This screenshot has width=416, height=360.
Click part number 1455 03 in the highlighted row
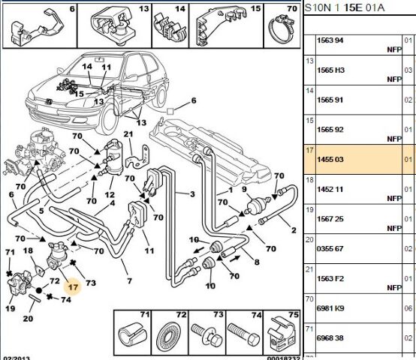[330, 160]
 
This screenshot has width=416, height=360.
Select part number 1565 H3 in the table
[330, 70]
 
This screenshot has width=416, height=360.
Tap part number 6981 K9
[330, 308]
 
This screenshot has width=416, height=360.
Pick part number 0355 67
[330, 249]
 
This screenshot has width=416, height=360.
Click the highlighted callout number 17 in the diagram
[73, 287]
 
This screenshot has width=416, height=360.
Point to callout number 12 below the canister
[110, 195]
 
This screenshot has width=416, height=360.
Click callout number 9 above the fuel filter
[244, 189]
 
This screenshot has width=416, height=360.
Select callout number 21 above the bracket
[128, 134]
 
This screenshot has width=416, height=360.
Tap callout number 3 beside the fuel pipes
[192, 194]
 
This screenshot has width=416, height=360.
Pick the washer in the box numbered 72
[168, 336]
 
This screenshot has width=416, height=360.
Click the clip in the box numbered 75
[282, 334]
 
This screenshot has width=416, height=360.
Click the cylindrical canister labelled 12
[113, 158]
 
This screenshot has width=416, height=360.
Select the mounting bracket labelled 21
[138, 157]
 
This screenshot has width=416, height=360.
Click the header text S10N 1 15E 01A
[345, 7]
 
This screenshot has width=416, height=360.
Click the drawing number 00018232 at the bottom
[283, 358]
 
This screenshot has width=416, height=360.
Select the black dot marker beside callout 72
[39, 290]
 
